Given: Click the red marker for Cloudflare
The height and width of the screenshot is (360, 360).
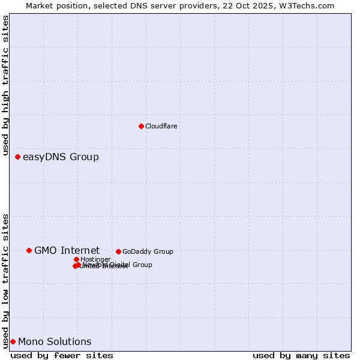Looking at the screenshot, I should (x=141, y=126).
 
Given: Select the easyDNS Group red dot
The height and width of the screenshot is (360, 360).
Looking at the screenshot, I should (x=17, y=157).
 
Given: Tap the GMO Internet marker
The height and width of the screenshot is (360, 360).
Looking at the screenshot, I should (x=29, y=250).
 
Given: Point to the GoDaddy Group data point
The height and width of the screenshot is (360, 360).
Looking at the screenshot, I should (x=118, y=251).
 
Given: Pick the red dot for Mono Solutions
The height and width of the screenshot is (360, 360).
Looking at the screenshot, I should (x=13, y=341).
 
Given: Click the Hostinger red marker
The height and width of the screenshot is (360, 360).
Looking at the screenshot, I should (x=76, y=259).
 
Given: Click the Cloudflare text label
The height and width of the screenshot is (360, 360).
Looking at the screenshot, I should (x=161, y=126).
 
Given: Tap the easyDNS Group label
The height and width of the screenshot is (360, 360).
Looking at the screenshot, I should (x=61, y=157).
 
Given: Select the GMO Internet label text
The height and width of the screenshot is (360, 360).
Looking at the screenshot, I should (x=67, y=251).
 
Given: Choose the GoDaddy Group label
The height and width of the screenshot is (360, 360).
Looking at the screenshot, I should (x=148, y=251).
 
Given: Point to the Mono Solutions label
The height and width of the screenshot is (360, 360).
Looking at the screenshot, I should (x=55, y=342).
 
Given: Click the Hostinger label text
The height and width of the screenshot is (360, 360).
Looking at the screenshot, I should (x=95, y=259).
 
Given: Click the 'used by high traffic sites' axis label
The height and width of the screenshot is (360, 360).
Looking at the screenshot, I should (x=5, y=86).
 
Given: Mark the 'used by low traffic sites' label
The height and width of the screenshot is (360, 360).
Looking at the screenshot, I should (x=5, y=280).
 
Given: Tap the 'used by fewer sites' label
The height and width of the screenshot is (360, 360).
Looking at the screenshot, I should (x=62, y=355).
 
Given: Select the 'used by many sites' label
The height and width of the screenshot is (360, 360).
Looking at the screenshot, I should (x=301, y=355).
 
